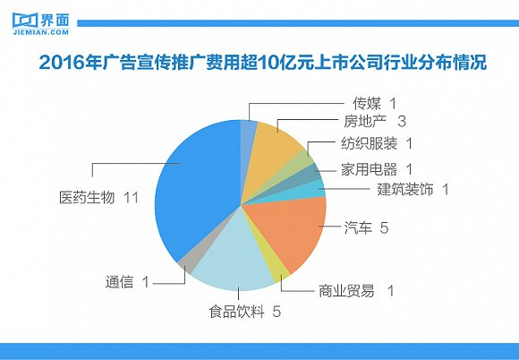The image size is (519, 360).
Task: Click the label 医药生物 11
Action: point(94,197)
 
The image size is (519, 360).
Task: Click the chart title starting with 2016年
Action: point(259,64)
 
